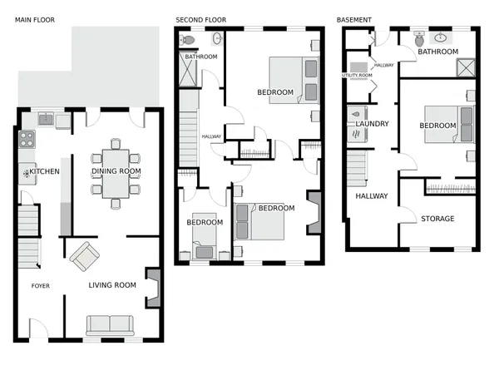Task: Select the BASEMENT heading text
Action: coord(354,18)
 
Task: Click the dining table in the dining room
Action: coord(115,172)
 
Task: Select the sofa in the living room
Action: coord(108,325)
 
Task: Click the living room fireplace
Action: coord(153,288)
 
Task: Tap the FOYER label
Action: coord(40,286)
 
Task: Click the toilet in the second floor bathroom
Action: coord(189,39)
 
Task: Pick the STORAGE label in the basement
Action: coord(437,220)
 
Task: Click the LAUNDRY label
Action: coord(372,125)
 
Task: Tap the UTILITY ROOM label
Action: coord(358,76)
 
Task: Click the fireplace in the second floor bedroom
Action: coord(313,212)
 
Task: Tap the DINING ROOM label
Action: coord(116,172)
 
